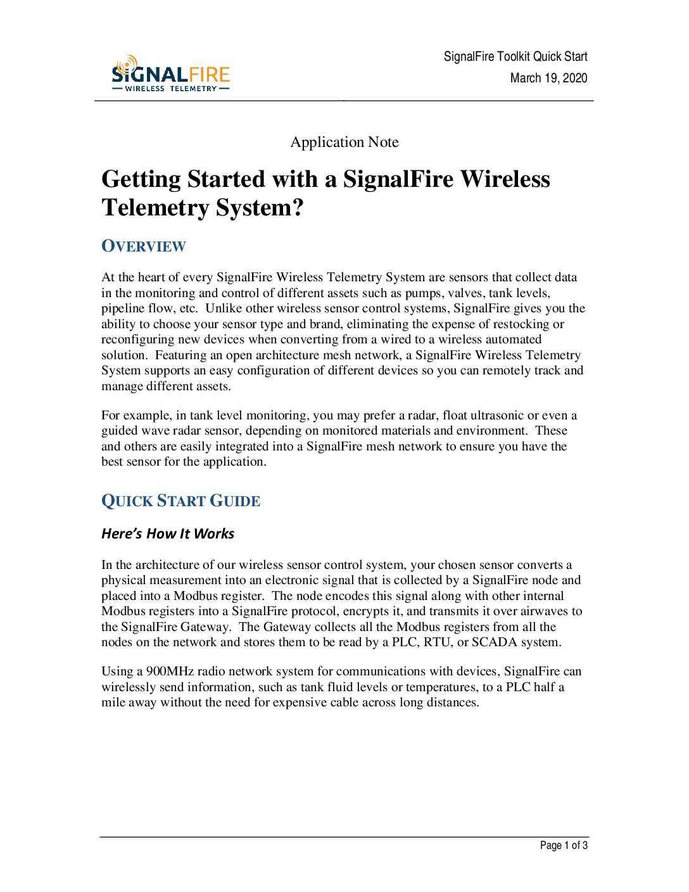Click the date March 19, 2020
548,78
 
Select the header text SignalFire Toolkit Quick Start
515,56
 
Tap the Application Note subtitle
344,142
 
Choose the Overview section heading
144,246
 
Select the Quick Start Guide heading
181,501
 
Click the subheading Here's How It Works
168,533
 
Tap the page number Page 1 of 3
564,845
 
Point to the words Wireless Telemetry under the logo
171,89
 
